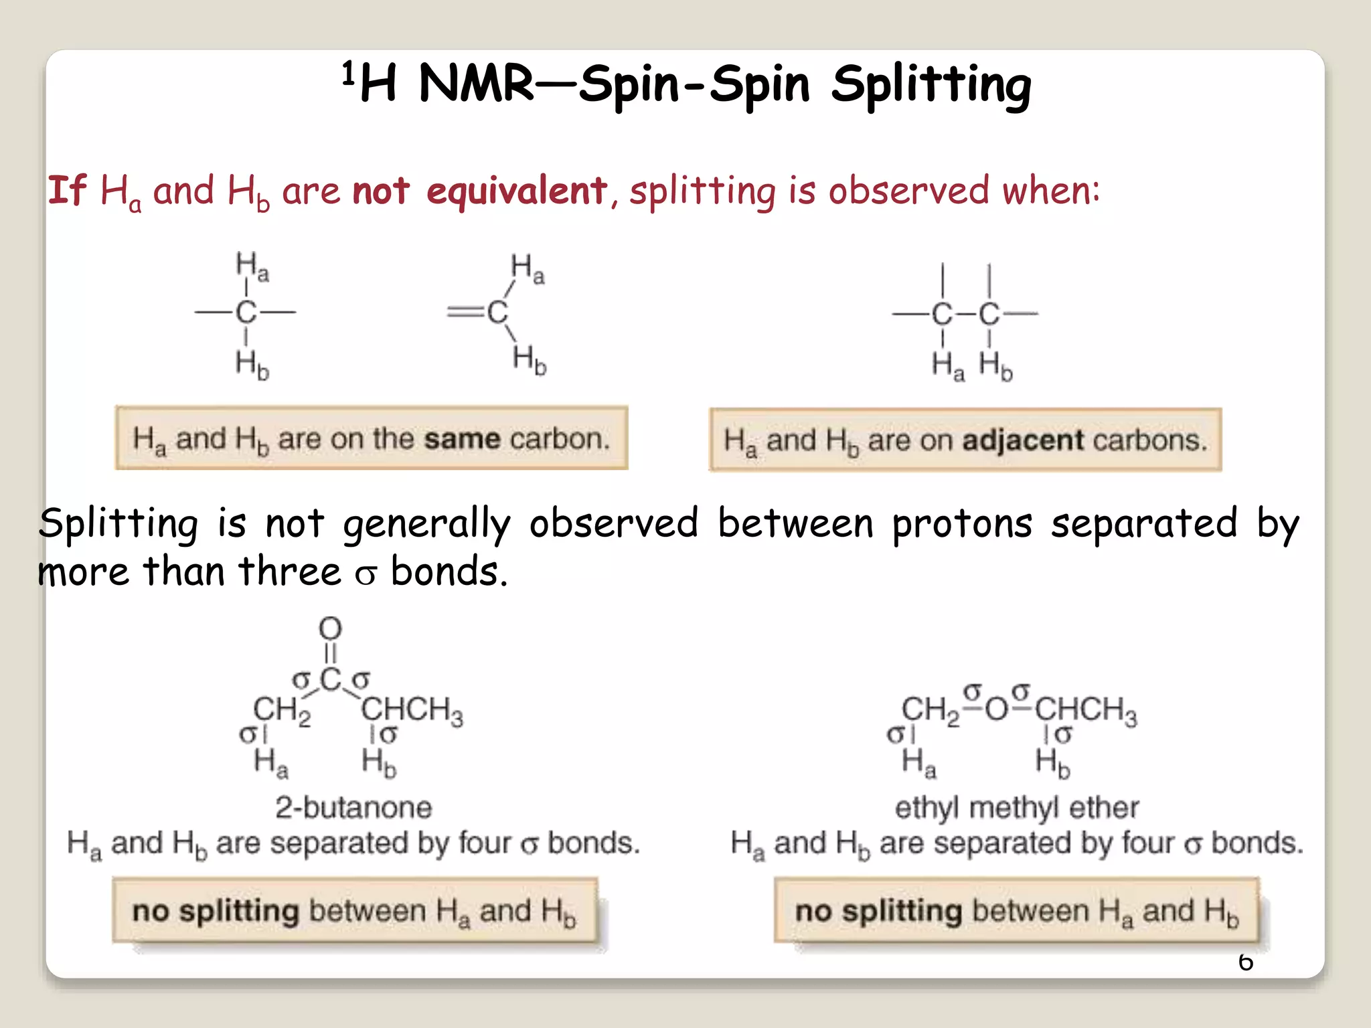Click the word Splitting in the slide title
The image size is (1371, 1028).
[x=931, y=86]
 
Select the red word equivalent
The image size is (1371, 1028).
[x=516, y=191]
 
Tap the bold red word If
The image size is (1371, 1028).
[x=67, y=190]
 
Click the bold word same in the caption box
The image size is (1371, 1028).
[x=462, y=439]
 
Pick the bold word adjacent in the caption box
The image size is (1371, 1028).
[x=1023, y=440]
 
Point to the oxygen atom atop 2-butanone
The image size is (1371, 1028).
[x=330, y=628]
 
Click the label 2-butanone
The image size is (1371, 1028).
[x=353, y=807]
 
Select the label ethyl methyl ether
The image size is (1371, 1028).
[x=1016, y=807]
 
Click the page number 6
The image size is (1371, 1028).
[x=1245, y=962]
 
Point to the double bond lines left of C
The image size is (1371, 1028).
[x=465, y=312]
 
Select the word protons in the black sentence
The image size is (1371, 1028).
[x=962, y=523]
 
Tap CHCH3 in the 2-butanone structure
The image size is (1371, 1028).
[x=412, y=709]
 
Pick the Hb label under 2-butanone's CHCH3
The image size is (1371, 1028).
[x=379, y=763]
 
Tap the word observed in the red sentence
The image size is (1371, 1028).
[x=909, y=191]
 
